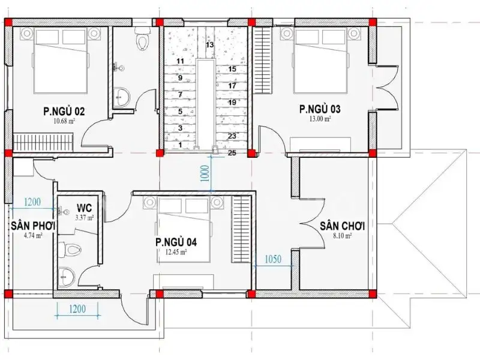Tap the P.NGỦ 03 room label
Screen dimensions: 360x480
[320, 109]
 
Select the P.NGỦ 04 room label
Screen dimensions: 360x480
[176, 242]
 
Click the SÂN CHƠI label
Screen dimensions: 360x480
[343, 226]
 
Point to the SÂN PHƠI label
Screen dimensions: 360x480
[32, 226]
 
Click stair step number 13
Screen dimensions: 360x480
[209, 44]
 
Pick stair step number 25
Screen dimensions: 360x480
[232, 153]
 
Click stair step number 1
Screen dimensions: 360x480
[180, 145]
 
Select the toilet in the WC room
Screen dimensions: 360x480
[70, 248]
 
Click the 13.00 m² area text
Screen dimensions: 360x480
[320, 119]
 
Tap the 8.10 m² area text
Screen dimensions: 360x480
[343, 236]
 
